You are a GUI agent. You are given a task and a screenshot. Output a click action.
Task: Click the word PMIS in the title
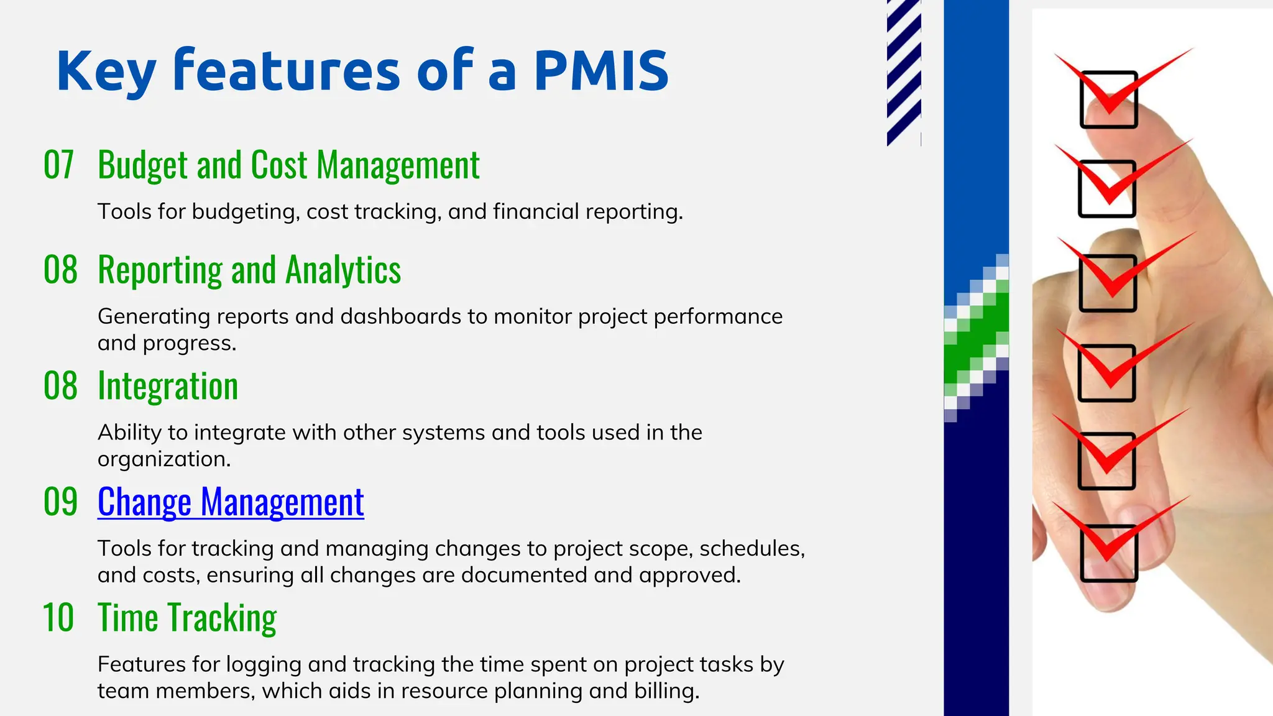(600, 71)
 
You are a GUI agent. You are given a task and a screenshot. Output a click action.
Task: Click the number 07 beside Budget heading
(59, 165)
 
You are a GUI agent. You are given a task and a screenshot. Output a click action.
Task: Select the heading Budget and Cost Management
(288, 165)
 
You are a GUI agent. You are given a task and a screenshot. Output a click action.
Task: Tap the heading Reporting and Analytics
(249, 270)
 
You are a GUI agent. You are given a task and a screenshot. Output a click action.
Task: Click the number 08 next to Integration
(60, 386)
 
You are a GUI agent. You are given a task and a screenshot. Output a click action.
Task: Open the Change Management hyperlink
(231, 502)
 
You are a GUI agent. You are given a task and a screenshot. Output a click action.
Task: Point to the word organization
(163, 459)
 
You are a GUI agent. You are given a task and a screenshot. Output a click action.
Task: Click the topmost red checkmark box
(1108, 100)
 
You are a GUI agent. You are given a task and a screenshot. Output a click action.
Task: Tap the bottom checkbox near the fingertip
(1108, 553)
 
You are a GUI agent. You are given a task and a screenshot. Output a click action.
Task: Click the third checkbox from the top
(1107, 283)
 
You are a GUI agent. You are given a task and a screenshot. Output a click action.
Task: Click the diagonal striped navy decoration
(903, 71)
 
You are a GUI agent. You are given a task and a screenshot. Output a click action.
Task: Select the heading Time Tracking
(187, 618)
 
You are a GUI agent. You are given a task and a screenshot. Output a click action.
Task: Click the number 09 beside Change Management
(60, 502)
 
